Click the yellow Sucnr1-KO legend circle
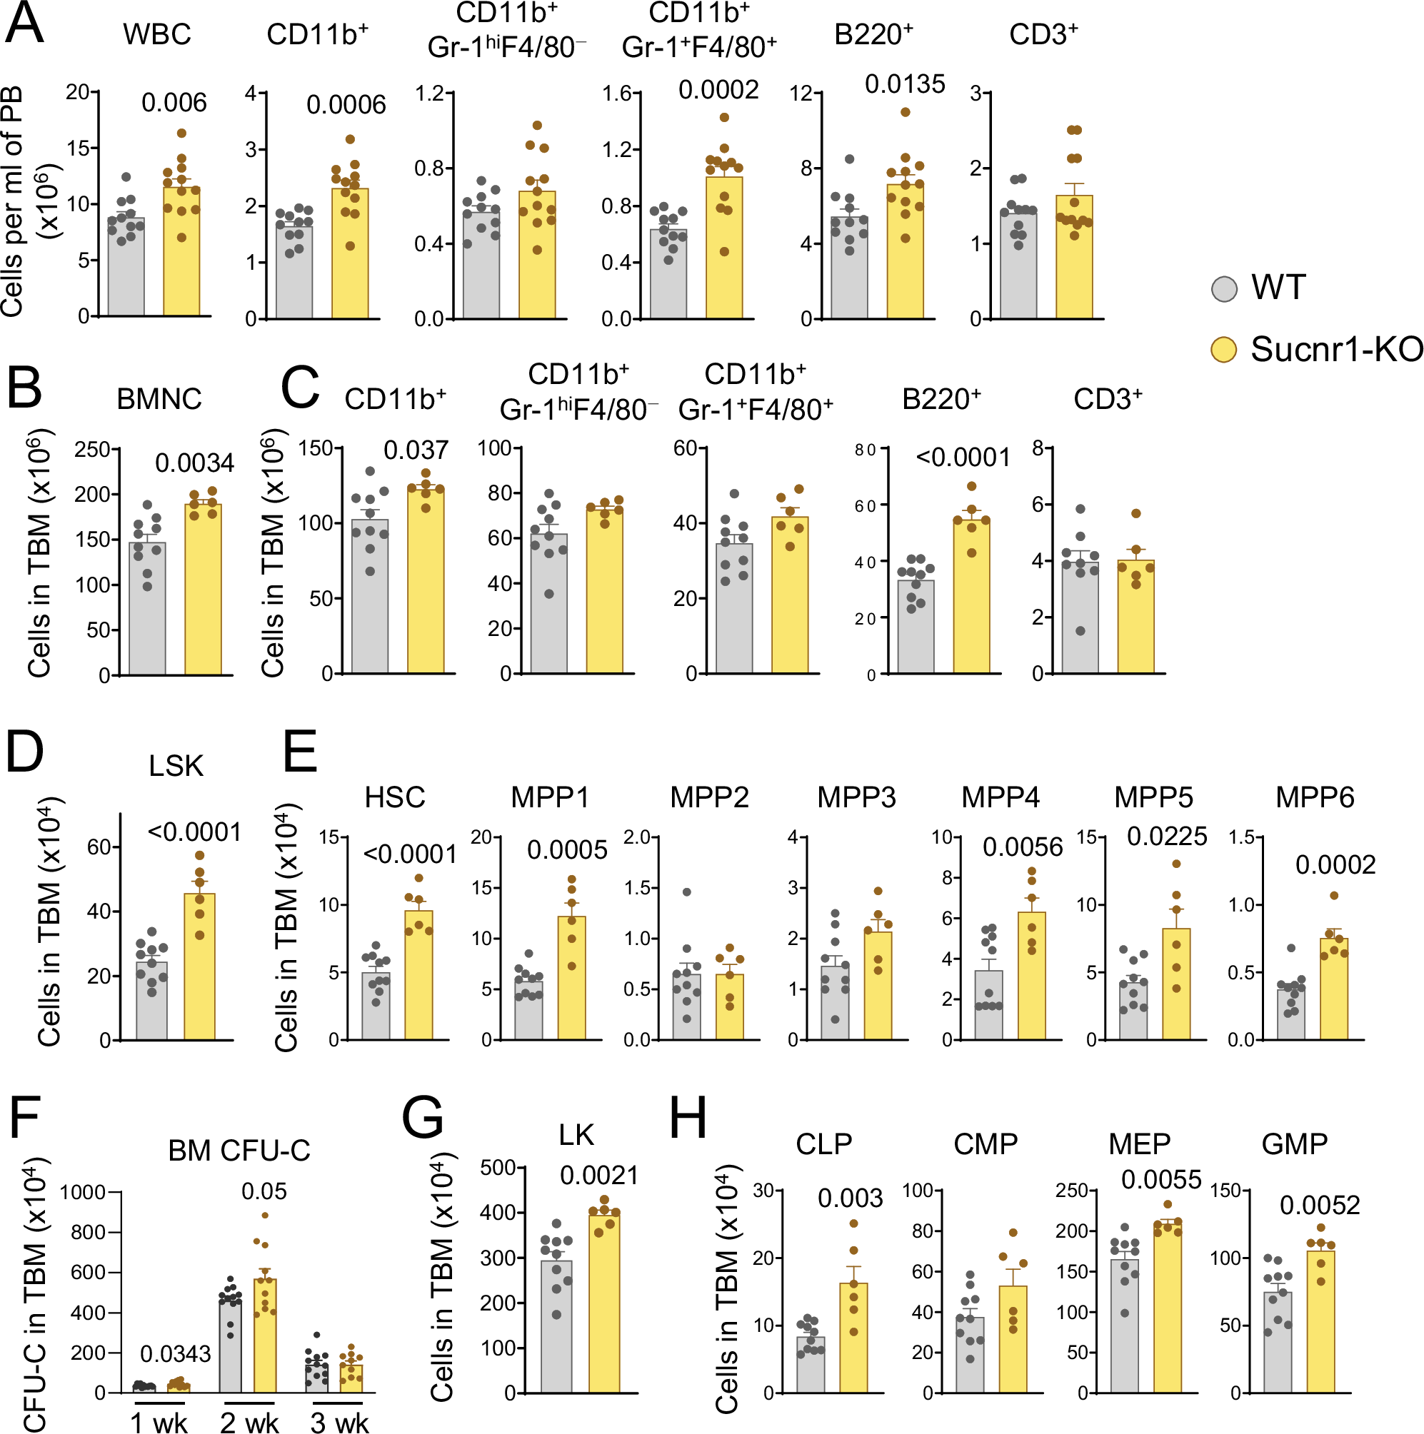pos(1223,350)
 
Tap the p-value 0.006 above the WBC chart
pos(174,103)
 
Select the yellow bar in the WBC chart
pos(181,253)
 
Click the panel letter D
pos(24,751)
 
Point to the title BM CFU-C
pos(239,1151)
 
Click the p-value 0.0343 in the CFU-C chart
pos(175,1353)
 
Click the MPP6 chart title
pos(1314,797)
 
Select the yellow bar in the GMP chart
pos(1320,1322)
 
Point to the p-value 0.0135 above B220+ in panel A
pos(904,85)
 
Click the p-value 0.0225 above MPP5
pos(1166,837)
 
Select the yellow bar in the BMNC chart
pos(203,590)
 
